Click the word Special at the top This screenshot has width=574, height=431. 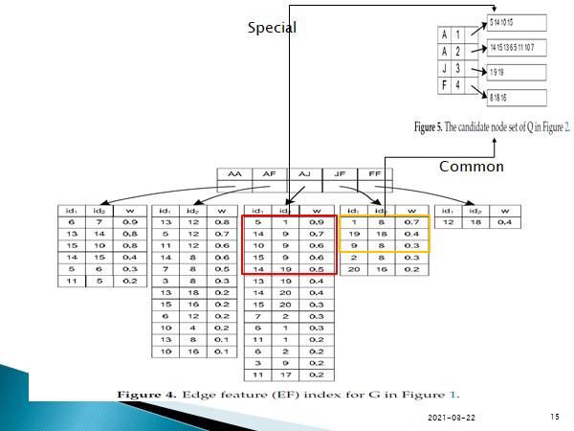272,28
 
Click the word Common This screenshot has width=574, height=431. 471,167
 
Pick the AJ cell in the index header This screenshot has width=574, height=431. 303,174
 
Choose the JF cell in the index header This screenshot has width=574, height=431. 339,174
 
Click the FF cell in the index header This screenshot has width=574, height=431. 373,174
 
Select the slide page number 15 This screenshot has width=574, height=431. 555,418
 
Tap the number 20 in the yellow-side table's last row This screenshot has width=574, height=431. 354,270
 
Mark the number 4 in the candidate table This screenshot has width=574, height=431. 459,85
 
